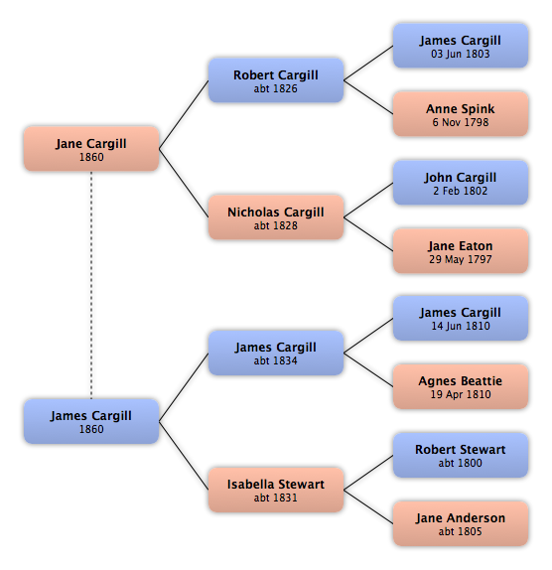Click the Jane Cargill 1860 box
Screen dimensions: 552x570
coord(91,149)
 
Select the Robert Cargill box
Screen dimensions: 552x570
coord(276,80)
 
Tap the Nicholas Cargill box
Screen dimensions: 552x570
coord(276,217)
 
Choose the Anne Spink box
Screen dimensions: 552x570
coord(461,114)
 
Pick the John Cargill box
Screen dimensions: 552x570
coord(461,183)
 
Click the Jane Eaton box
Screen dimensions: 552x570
coord(461,251)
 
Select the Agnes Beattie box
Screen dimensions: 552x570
coord(461,386)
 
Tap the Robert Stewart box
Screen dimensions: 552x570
coord(461,455)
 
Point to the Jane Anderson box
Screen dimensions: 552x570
coord(461,523)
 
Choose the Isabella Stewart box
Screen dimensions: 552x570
coord(276,490)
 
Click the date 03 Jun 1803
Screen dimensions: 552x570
coord(461,54)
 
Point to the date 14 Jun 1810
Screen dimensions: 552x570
coord(461,326)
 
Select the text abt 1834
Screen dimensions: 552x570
coord(275,360)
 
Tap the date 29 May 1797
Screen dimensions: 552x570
coord(461,259)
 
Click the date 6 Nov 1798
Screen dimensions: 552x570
coord(461,122)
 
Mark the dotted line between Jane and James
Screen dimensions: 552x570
coord(91,285)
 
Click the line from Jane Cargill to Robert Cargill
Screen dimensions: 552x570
coord(184,114)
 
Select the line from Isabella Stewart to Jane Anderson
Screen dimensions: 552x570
coord(368,506)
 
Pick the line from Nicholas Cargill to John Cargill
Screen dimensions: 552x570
coord(368,200)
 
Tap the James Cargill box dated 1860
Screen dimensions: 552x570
coord(91,421)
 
